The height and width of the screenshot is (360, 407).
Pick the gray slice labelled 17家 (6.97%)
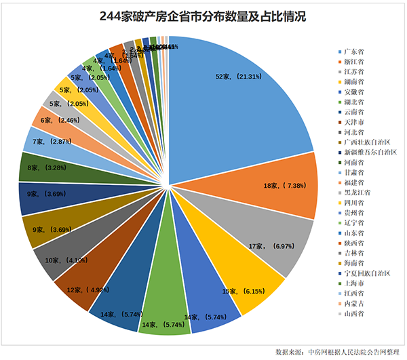click(271, 237)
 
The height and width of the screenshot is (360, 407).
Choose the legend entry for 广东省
click(352, 52)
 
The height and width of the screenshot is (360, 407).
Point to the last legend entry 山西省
click(352, 312)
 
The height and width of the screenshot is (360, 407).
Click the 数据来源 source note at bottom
click(337, 351)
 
